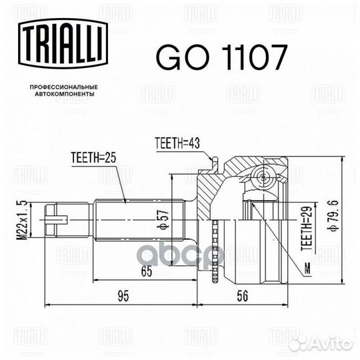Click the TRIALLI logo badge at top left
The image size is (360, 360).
tap(63, 44)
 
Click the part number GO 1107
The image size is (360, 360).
tap(221, 57)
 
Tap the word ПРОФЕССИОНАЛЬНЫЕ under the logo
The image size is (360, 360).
tap(64, 87)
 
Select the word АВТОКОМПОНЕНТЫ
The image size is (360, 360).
tap(65, 94)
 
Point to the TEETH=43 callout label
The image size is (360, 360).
tap(177, 143)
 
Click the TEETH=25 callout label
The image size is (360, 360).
tap(93, 158)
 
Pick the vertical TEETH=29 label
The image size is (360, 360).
tap(307, 229)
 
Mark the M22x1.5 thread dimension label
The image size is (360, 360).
tap(22, 220)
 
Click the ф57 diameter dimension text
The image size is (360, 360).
tap(163, 220)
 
